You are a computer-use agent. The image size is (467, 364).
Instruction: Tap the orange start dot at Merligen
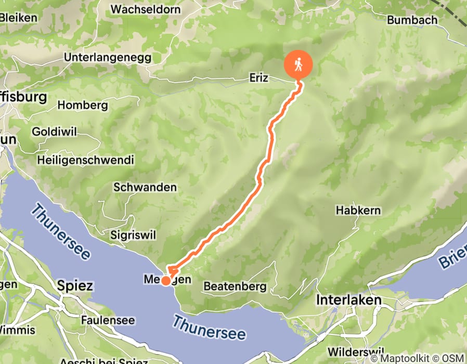(x=165, y=281)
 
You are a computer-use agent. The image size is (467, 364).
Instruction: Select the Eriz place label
(x=258, y=78)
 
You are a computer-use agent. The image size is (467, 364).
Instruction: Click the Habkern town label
(x=358, y=211)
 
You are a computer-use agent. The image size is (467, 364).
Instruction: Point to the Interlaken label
(x=349, y=301)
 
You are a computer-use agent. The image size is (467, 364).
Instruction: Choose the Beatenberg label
(x=235, y=287)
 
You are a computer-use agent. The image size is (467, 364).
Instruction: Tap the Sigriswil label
(x=133, y=235)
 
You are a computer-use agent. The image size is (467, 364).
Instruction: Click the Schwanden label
(x=145, y=187)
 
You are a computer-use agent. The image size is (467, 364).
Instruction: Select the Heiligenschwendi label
(x=85, y=160)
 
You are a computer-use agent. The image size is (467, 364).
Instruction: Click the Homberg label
(x=83, y=105)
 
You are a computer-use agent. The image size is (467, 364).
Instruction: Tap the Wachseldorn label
(x=146, y=9)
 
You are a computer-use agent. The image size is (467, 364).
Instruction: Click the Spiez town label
(x=75, y=286)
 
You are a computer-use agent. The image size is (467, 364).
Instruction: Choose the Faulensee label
(x=108, y=320)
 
